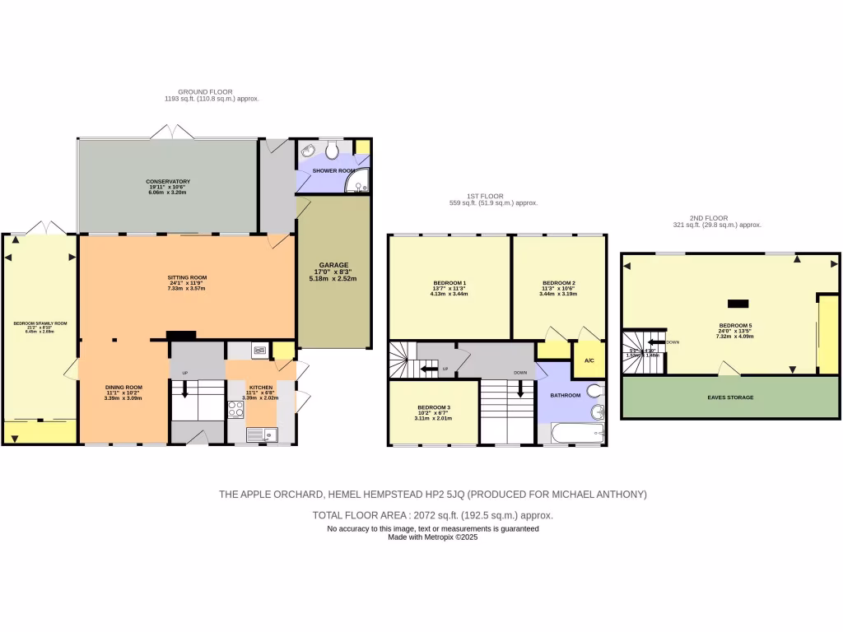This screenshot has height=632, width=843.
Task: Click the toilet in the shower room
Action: [x=332, y=150]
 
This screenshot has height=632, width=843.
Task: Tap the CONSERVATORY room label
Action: [x=168, y=181]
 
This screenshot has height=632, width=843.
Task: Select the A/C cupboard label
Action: [x=589, y=361]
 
